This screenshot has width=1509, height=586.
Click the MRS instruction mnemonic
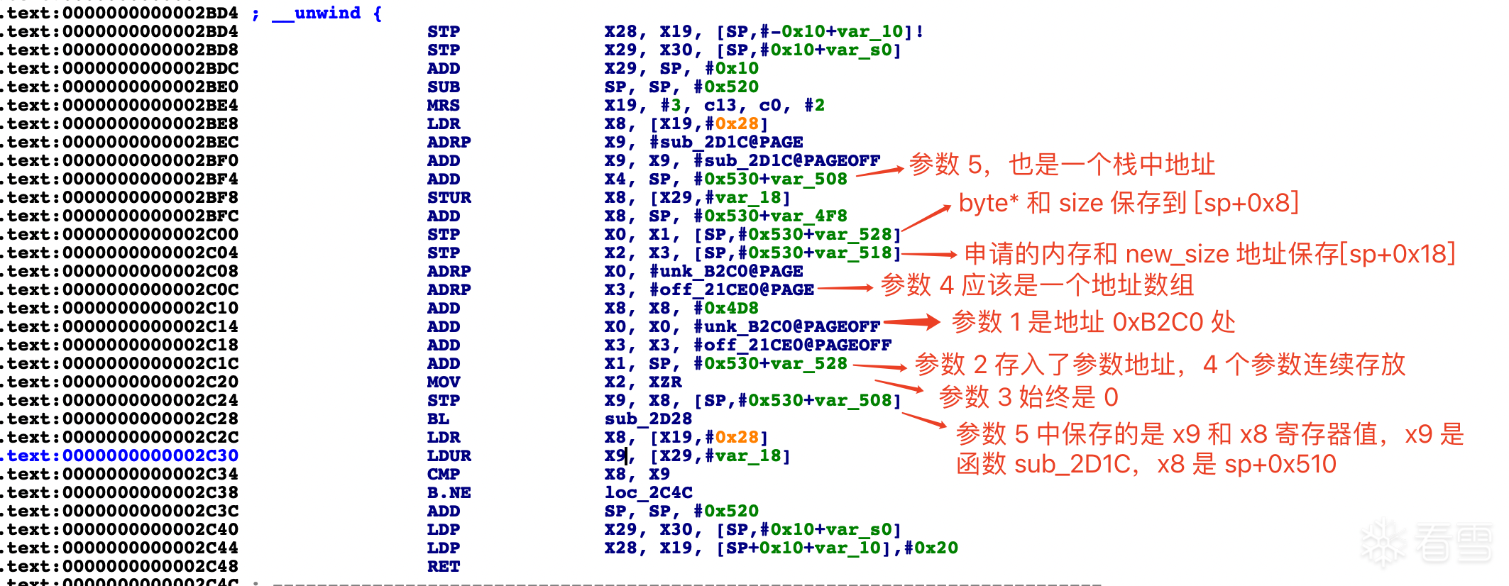click(x=443, y=105)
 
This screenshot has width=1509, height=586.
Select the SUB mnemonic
click(x=443, y=87)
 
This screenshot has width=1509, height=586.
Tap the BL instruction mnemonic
click(x=437, y=419)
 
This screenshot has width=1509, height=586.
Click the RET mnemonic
click(x=443, y=566)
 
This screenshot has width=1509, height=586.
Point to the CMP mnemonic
click(x=443, y=474)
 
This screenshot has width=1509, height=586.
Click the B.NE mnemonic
click(x=449, y=492)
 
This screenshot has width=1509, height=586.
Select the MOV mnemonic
click(x=443, y=382)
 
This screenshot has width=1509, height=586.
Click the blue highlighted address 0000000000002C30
click(x=150, y=455)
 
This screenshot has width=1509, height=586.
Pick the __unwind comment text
click(x=327, y=13)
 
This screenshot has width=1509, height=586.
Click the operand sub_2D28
click(x=647, y=419)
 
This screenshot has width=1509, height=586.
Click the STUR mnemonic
click(x=449, y=197)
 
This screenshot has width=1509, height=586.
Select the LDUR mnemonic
click(x=449, y=455)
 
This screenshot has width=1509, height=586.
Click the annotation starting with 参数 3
click(x=1027, y=397)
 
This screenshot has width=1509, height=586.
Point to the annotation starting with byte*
click(x=1128, y=203)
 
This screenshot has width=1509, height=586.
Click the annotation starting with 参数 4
click(x=1036, y=285)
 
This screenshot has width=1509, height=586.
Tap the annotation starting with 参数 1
click(x=1092, y=322)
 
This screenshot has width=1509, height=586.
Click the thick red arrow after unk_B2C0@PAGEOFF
click(x=911, y=323)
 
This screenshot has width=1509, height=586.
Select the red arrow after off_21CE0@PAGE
click(x=845, y=288)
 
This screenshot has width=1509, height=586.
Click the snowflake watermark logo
click(x=1383, y=543)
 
